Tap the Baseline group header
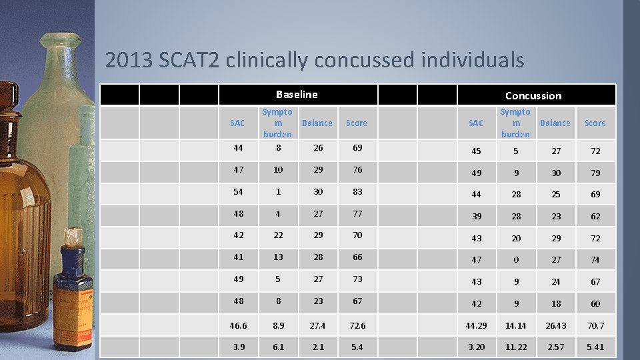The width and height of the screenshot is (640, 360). tap(297, 95)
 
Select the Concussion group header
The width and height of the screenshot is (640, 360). tap(533, 95)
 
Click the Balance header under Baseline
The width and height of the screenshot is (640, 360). tap(317, 123)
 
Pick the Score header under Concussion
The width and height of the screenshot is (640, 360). tap(595, 123)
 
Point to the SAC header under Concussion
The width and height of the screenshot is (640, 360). tap(476, 123)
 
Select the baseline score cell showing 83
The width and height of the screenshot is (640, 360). tap(357, 191)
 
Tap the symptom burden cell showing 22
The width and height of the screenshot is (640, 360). tap(278, 235)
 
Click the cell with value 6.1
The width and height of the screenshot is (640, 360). tap(278, 347)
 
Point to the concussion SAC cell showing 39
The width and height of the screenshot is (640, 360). tap(476, 216)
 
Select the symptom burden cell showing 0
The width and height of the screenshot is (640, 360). tap(515, 259)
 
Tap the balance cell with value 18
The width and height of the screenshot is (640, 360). tap(555, 303)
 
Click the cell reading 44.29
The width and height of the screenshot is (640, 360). tap(476, 325)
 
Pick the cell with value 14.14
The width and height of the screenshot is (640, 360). tap(515, 325)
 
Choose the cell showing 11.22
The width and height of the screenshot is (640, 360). tap(515, 347)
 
